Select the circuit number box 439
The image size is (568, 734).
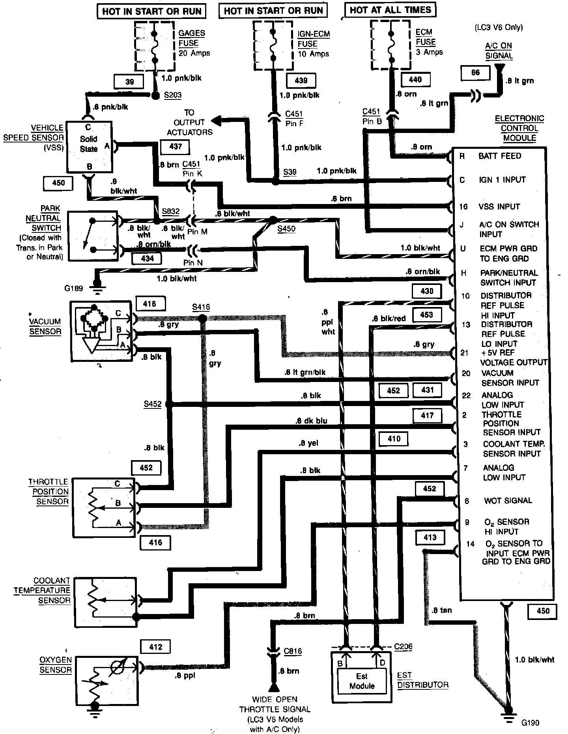301,81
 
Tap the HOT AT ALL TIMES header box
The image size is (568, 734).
390,10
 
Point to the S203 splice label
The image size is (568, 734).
172,95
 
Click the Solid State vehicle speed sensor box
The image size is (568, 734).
89,146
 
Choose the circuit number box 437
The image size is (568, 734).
176,147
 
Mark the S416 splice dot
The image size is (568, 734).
202,318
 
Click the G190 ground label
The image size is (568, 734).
530,723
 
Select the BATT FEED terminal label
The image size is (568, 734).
500,156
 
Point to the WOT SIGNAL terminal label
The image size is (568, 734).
508,500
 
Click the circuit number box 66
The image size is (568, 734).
475,73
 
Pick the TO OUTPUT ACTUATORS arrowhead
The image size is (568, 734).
216,120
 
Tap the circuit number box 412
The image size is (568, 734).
156,647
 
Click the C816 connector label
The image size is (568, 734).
293,651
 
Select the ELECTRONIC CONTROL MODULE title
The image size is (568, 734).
519,128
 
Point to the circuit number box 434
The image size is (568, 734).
148,258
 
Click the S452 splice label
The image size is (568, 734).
153,404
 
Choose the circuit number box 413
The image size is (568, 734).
430,537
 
